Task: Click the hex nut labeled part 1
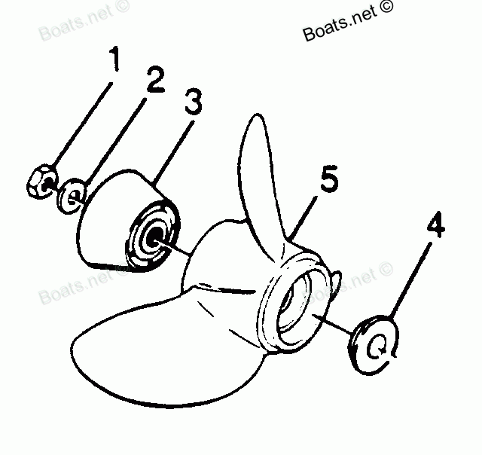pos(39,181)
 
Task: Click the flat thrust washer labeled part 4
pos(374,345)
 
